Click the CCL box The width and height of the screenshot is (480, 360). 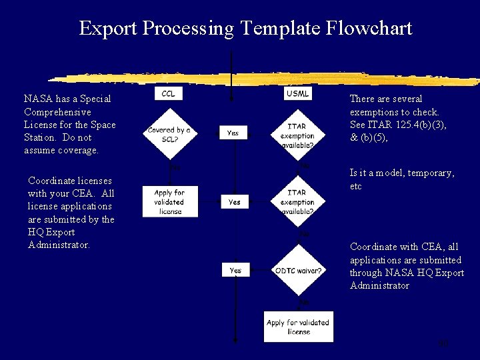point(169,94)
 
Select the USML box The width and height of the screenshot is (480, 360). point(297,94)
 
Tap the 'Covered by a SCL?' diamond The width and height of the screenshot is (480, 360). point(169,134)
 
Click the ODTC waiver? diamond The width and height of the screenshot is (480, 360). point(297,271)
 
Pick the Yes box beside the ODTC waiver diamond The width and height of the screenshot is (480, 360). point(235,271)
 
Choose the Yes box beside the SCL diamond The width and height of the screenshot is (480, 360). point(233,133)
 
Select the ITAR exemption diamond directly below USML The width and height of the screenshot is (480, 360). point(297,135)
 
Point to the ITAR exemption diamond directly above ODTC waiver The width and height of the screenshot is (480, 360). point(297,202)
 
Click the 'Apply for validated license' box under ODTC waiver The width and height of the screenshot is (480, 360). point(298,327)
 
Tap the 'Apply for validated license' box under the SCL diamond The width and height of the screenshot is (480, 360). point(171,202)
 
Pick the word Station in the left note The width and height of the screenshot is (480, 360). point(39,137)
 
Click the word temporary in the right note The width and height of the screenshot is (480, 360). point(431,173)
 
